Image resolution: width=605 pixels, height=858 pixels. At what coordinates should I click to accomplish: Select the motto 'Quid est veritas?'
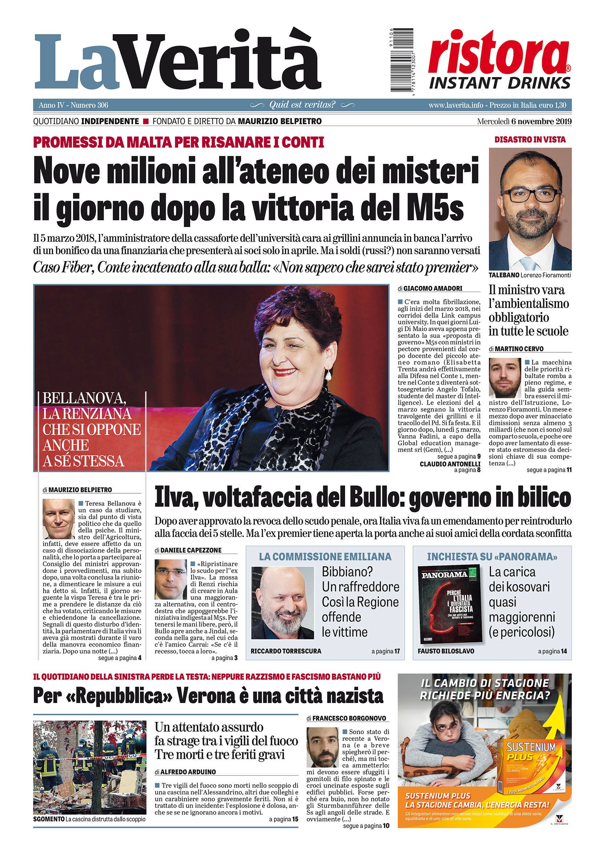pyautogui.click(x=302, y=105)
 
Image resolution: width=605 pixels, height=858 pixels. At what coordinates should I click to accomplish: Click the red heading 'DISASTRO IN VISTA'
pyautogui.click(x=530, y=140)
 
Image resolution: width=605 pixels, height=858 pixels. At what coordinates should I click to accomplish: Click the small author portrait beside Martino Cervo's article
pyautogui.click(x=504, y=378)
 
